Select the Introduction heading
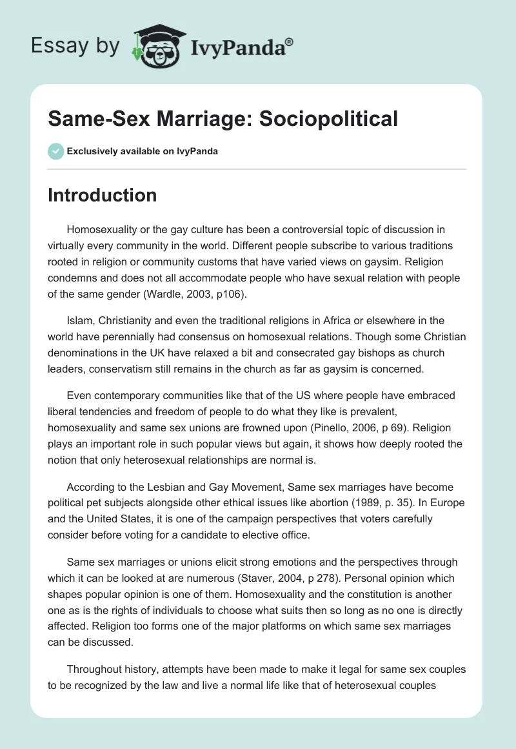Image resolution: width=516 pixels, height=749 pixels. pos(102,195)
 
